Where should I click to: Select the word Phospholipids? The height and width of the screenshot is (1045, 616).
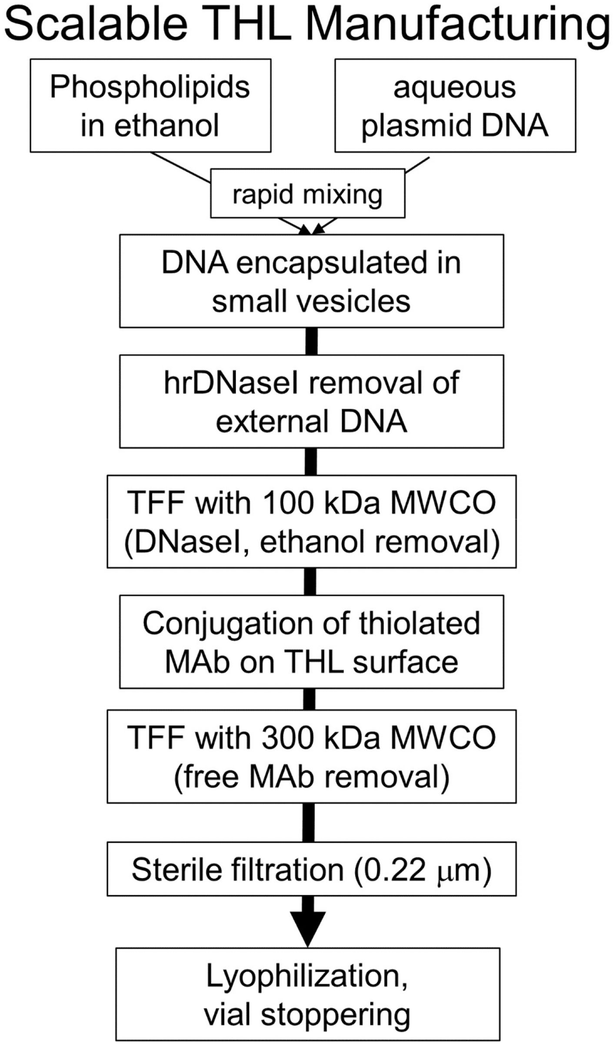coord(150,87)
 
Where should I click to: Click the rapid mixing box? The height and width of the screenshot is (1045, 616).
coord(307,194)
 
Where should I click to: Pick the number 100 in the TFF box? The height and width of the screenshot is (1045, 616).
coord(289,503)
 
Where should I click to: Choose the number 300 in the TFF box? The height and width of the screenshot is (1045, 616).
coord(289,738)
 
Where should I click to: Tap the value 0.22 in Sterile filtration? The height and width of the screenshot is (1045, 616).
coord(393,870)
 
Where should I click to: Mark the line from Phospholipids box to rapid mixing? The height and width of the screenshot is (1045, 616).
coord(180,167)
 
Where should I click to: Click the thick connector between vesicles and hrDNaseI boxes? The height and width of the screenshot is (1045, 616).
coord(311,341)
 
